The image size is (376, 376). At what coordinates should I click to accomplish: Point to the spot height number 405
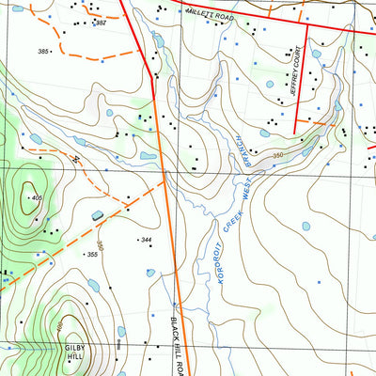37,197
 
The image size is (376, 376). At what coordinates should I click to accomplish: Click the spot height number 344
145,241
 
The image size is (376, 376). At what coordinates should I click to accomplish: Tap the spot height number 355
91,255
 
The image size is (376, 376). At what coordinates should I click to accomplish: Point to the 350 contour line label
278,155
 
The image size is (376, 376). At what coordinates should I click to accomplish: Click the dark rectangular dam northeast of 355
98,216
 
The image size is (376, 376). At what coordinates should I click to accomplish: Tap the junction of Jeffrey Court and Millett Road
304,25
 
